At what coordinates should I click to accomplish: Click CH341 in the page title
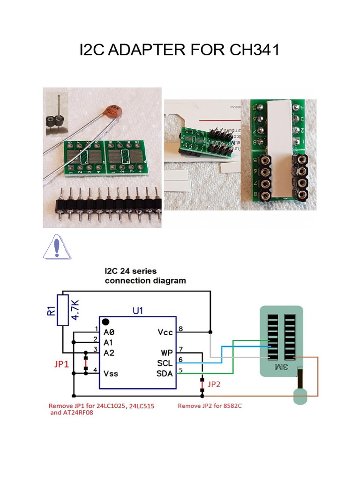[x=255, y=49]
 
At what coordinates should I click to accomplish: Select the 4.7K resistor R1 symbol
[x=62, y=310]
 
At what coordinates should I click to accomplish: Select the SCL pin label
[x=165, y=363]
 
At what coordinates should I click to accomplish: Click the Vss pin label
[x=112, y=374]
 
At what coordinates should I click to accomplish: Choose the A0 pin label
[x=109, y=331]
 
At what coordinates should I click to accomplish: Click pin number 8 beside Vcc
[x=181, y=329]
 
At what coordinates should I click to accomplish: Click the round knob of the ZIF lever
[x=300, y=397]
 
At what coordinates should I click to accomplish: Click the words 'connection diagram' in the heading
[x=145, y=281]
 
